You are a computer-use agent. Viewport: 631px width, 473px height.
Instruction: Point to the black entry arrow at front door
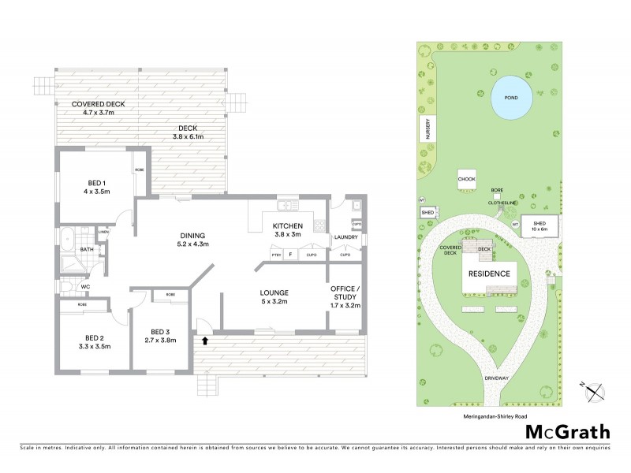tap(206, 341)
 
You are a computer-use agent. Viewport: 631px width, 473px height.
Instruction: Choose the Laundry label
tap(346, 237)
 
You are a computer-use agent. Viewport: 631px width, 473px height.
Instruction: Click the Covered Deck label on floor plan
tap(99, 109)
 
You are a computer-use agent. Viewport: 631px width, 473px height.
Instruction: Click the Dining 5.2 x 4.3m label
tap(192, 240)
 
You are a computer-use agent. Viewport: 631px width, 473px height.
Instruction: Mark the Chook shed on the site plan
tap(465, 180)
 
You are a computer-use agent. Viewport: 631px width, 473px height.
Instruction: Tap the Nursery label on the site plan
tap(428, 128)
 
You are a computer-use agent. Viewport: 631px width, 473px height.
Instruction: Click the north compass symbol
tap(593, 388)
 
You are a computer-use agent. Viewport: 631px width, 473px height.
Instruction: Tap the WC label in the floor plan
tap(85, 287)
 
